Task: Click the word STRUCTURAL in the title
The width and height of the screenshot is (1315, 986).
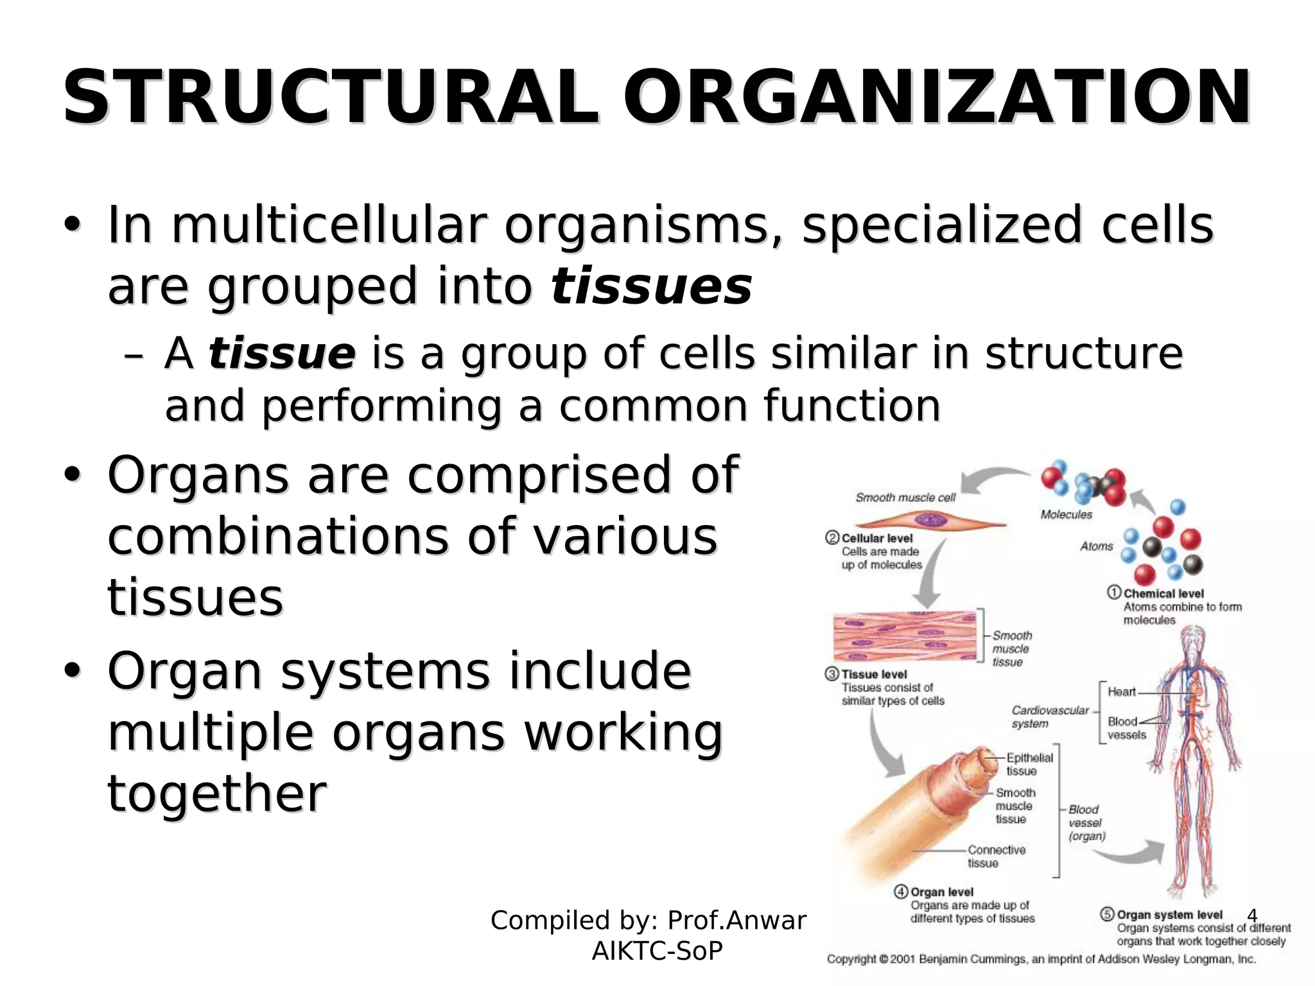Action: (331, 98)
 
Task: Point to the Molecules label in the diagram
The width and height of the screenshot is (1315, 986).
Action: (1066, 514)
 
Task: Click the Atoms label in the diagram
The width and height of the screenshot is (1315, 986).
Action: (1096, 546)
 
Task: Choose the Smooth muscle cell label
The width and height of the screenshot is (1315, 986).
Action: (905, 497)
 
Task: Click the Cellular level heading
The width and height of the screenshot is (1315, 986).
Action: (876, 538)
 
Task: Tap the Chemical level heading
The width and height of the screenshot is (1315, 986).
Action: (1163, 594)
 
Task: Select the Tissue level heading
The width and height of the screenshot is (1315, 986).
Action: (874, 674)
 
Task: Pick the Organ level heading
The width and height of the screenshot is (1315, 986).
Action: (941, 892)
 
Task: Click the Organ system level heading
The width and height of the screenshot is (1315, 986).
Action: (1169, 915)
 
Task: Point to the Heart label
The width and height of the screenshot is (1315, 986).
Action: (1121, 691)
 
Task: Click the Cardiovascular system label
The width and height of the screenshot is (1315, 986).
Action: (1050, 716)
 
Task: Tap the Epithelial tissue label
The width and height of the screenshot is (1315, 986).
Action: (1029, 764)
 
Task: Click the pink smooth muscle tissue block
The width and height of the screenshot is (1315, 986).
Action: (904, 636)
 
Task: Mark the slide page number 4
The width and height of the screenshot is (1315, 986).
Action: (1251, 915)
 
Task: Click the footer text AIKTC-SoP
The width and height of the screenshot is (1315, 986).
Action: (657, 951)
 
